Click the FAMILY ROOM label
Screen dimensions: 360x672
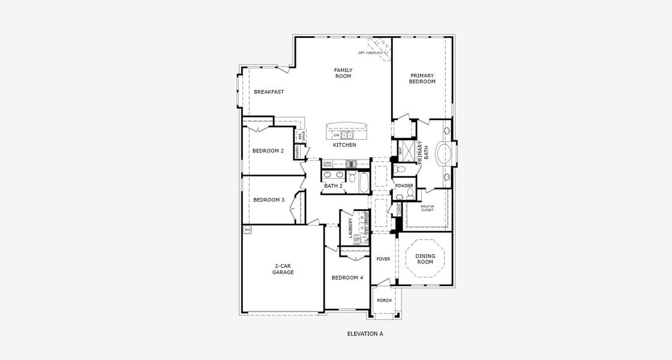(343, 73)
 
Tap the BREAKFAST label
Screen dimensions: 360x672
(268, 92)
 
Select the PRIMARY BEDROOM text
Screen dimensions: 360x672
(422, 79)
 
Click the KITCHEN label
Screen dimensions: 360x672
(344, 145)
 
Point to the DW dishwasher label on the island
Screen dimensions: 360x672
(337, 135)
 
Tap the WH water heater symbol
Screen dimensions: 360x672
(247, 230)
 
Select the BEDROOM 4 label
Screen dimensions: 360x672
(347, 278)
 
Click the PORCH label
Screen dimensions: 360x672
(384, 301)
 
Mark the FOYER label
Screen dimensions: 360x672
(383, 259)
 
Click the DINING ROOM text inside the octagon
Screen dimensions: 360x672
(425, 259)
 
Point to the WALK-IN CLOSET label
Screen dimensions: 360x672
(427, 208)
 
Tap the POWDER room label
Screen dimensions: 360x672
(404, 186)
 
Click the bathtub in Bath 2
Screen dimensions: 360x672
(364, 181)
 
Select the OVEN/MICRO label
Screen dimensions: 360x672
(328, 163)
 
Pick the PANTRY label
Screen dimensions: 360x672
(297, 151)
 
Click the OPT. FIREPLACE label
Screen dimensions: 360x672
(370, 53)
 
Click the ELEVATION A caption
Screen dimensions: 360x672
(365, 334)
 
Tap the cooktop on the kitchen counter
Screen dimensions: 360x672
(351, 163)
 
